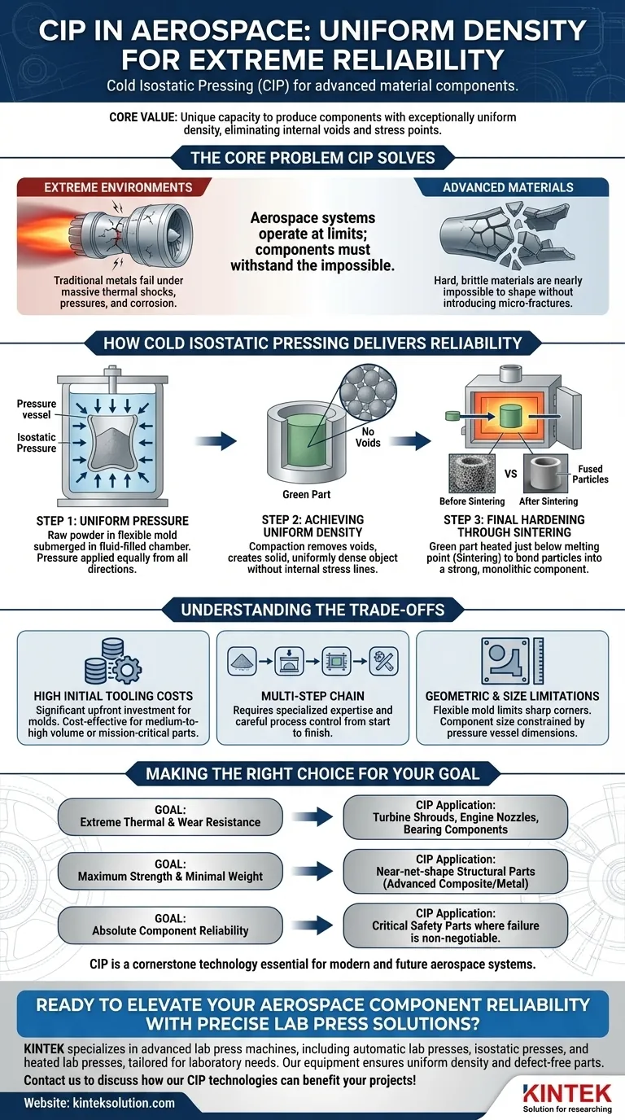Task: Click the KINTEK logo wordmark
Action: pos(567,1091)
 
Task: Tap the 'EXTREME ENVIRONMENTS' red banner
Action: pos(118,187)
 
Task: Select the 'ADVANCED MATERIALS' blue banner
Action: pos(507,187)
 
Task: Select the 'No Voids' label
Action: pos(367,437)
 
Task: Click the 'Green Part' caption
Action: pos(306,493)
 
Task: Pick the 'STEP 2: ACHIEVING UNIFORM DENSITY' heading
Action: pos(312,526)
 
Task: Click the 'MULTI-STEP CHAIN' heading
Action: pos(312,696)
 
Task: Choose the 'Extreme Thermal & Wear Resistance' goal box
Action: pos(170,816)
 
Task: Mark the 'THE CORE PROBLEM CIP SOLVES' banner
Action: pos(312,157)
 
